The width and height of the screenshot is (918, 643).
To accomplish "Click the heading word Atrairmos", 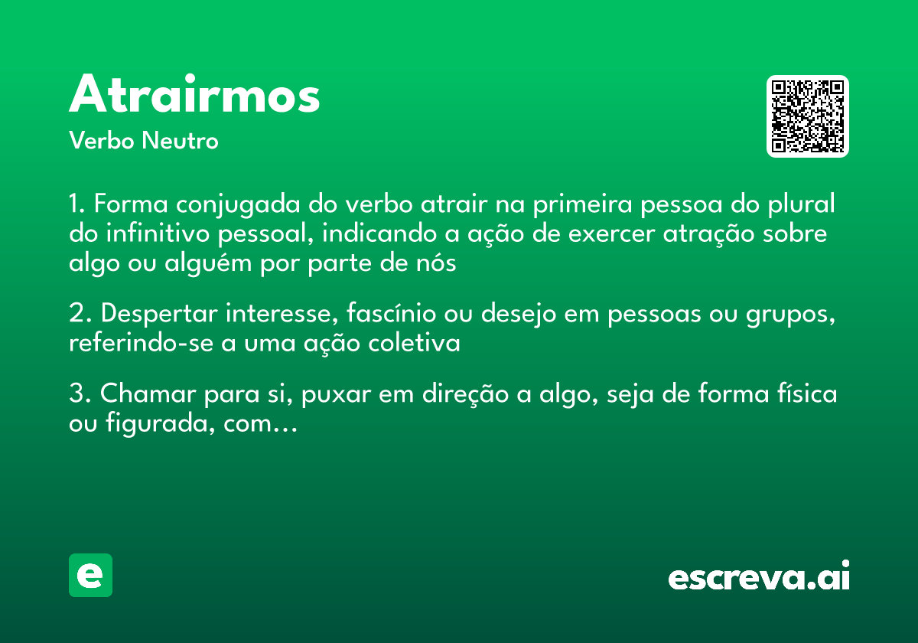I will [194, 96].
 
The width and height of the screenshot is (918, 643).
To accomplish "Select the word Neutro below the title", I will [180, 142].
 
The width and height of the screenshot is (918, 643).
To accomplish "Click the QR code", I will [808, 116].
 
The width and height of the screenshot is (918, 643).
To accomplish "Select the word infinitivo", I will [148, 234].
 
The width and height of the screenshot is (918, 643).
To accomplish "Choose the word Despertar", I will [153, 315].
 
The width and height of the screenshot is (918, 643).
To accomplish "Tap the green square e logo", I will [90, 575].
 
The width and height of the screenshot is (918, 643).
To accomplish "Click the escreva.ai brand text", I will [759, 577].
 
